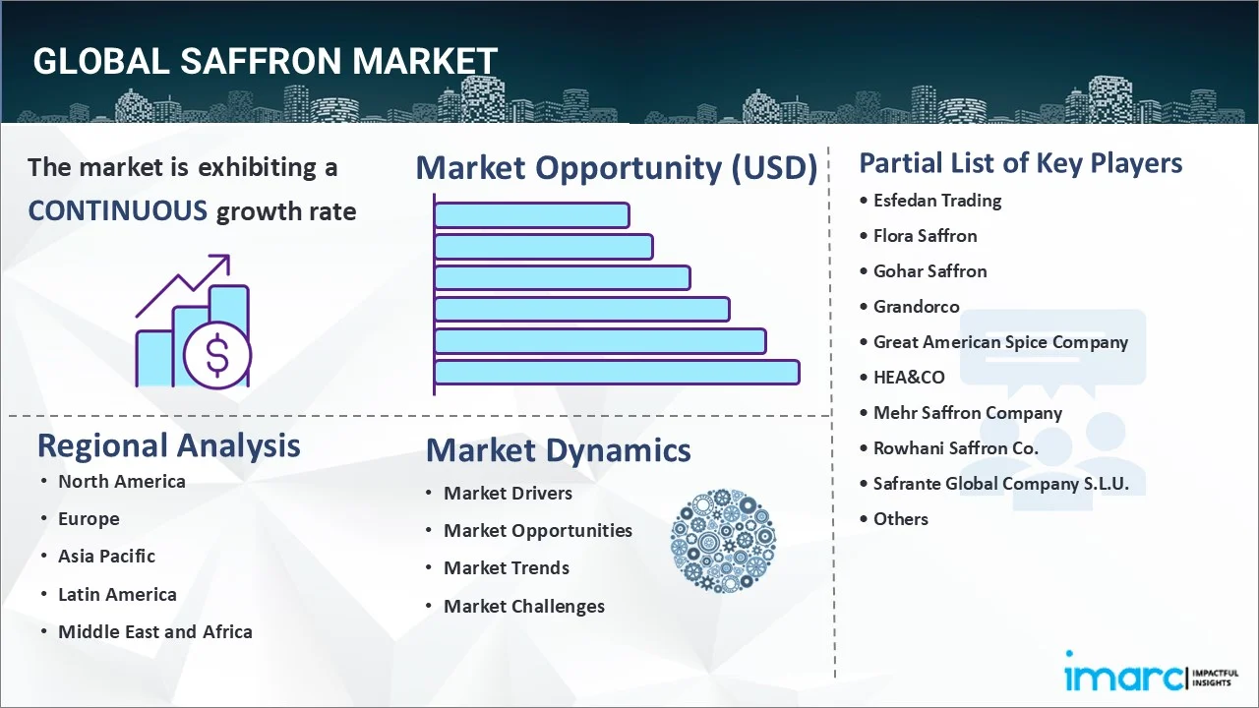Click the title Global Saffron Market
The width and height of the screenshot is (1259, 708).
click(265, 61)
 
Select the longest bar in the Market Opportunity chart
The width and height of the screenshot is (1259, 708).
click(617, 373)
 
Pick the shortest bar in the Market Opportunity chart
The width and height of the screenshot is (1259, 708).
click(531, 214)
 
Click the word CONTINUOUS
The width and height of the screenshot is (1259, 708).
click(117, 210)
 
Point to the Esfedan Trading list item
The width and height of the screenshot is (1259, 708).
click(937, 201)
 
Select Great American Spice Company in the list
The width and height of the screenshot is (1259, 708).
click(1000, 342)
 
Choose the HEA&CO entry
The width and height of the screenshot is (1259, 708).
click(909, 378)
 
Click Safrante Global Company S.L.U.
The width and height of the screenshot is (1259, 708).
click(1000, 484)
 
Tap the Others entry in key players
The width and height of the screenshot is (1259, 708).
click(900, 519)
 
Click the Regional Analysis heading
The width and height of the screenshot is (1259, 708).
click(168, 445)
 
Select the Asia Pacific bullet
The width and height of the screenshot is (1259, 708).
click(106, 557)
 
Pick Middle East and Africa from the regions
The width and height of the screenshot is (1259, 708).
click(154, 632)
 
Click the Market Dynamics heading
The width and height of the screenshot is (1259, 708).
click(558, 450)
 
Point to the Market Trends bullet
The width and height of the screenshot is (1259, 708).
click(506, 568)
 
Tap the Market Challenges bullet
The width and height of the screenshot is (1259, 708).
click(523, 607)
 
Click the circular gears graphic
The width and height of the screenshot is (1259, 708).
click(723, 542)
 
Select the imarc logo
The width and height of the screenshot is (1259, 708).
click(1123, 677)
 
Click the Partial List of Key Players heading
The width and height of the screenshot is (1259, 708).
click(1020, 163)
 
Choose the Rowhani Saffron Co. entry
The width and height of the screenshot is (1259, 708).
click(955, 448)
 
